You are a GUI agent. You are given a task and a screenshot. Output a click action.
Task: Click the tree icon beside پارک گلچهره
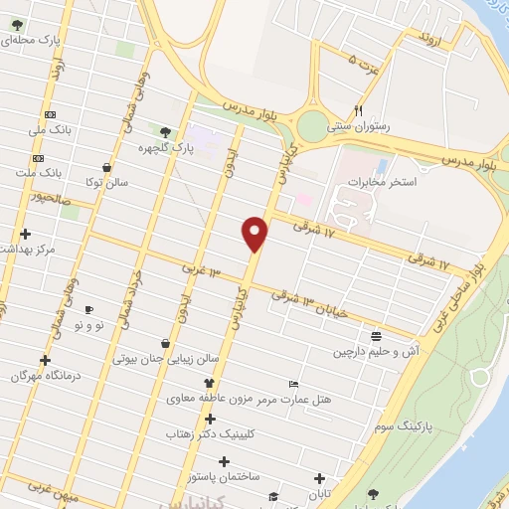tap(164, 130)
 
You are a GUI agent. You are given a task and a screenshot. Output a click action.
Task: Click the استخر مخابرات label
tap(382, 183)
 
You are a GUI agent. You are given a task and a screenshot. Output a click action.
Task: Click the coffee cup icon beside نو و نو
tap(89, 310)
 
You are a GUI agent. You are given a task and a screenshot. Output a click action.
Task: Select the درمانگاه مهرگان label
tap(45, 377)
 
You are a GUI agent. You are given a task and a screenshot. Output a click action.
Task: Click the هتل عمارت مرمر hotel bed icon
tap(293, 384)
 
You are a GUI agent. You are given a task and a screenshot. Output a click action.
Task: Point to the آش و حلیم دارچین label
tap(371, 352)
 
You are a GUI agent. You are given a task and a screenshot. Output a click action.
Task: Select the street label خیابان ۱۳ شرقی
tap(313, 302)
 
